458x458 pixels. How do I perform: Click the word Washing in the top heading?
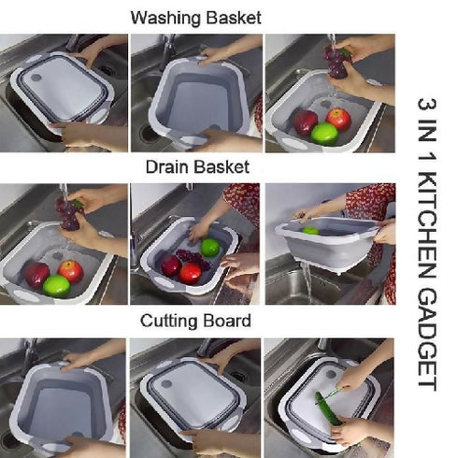[x=162, y=17]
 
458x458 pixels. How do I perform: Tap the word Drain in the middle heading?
[x=165, y=168]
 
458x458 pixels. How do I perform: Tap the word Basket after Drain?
[x=222, y=168]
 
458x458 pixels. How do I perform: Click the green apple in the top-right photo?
[x=323, y=134]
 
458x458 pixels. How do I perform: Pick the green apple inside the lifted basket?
[x=309, y=230]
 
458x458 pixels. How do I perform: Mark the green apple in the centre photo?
[x=210, y=247]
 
